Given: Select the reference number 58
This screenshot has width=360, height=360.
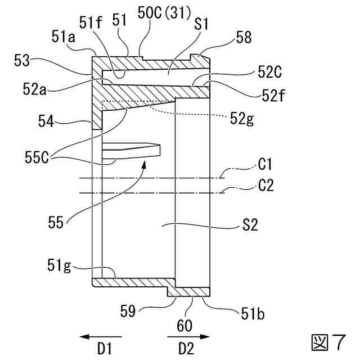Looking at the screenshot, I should (245, 38).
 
